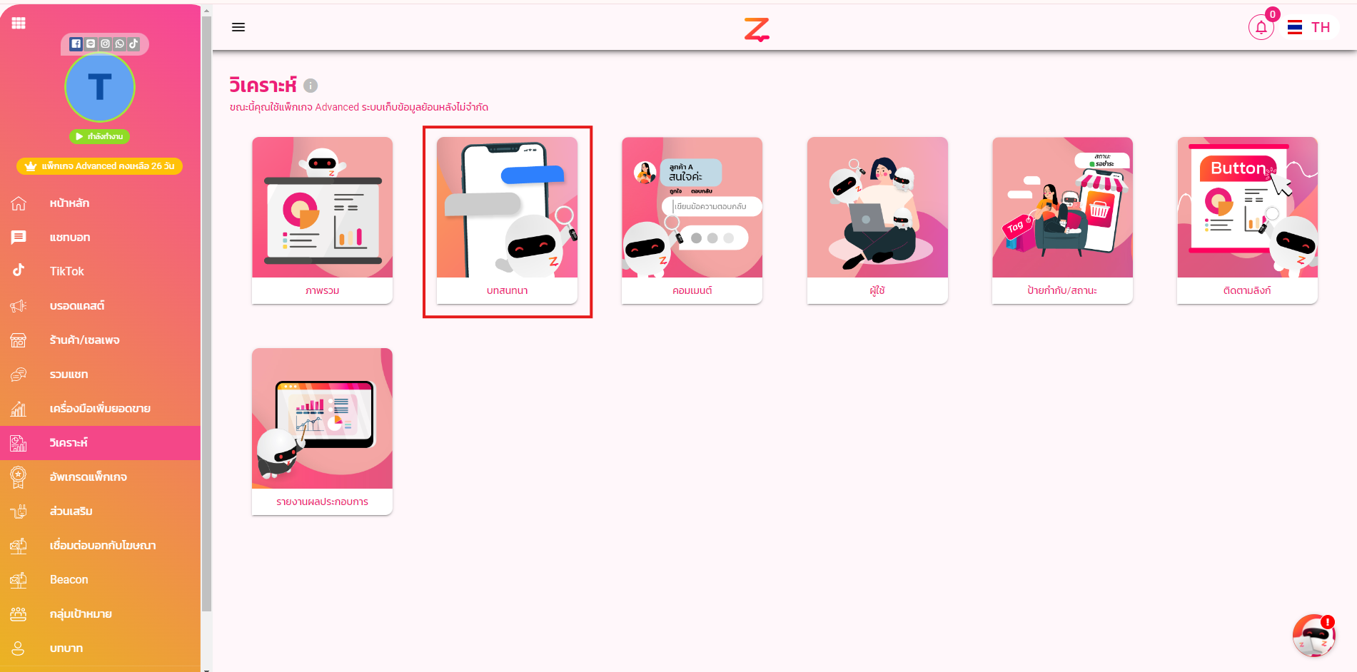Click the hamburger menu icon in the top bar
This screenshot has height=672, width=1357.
pos(238,27)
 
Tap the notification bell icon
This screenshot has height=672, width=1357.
pos(1261,28)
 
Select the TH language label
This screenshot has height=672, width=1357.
pos(1320,28)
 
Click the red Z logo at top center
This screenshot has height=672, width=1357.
pos(757,29)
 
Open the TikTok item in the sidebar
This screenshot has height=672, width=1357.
pos(66,271)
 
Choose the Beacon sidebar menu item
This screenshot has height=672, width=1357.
pos(69,579)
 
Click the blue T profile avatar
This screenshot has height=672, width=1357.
pos(100,88)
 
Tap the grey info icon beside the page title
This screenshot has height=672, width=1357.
pos(311,86)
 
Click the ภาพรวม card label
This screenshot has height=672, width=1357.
pos(322,290)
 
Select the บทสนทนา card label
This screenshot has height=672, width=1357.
pos(507,290)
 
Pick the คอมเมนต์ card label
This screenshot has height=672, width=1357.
pos(692,290)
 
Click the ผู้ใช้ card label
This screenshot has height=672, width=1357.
pos(877,290)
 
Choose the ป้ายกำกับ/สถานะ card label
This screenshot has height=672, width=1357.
pos(1061,290)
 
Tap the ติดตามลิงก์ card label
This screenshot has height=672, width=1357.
pos(1246,290)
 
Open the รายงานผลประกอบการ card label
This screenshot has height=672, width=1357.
pos(322,502)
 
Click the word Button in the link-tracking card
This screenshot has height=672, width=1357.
pos(1238,168)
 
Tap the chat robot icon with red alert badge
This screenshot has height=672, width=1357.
pos(1313,636)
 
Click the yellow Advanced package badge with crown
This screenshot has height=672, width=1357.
pos(100,166)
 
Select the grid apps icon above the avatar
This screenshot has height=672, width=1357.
pos(19,24)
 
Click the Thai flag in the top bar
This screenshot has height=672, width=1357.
pos(1294,28)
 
